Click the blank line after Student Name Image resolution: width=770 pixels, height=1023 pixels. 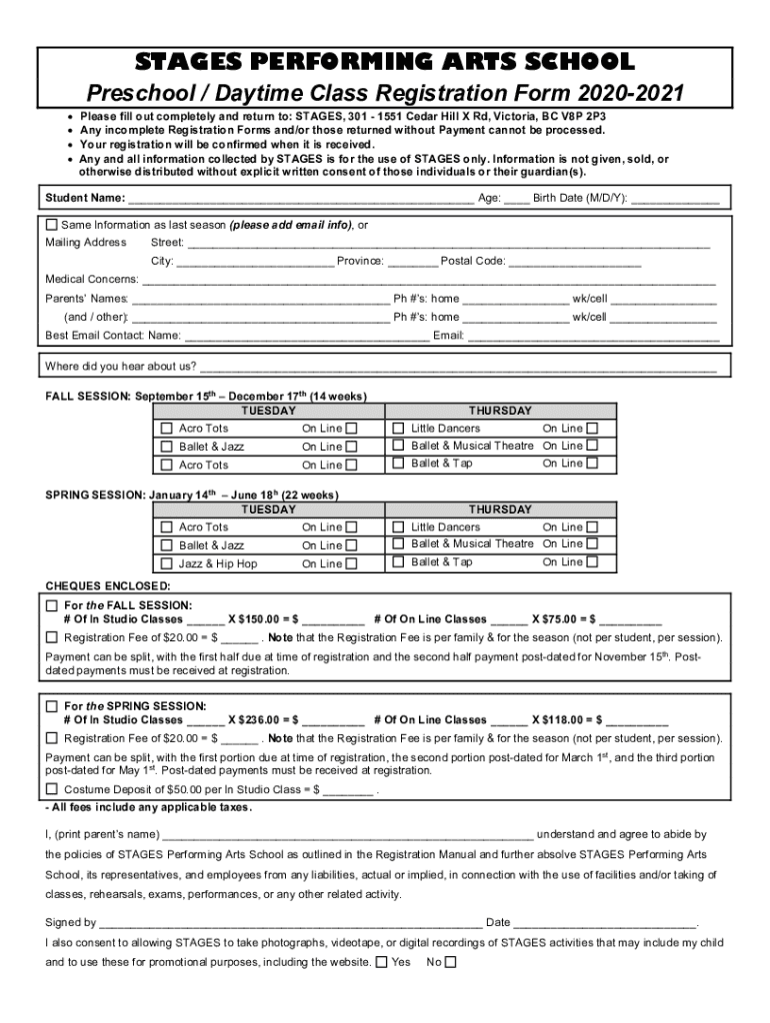[300, 199]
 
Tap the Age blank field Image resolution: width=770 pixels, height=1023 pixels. [517, 199]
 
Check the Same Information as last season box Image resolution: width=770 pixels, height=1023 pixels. [53, 225]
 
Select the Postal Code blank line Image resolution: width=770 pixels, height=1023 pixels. [574, 263]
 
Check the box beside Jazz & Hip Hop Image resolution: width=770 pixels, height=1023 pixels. [167, 563]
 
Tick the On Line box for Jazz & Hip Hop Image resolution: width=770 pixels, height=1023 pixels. [351, 563]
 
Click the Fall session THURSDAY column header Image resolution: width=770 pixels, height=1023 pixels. [501, 411]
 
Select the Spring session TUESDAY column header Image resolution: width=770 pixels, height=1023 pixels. [269, 510]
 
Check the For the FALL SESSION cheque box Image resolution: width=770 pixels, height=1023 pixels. [53, 605]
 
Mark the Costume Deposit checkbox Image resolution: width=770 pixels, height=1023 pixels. [53, 789]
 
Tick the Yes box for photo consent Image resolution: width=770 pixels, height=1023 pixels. [381, 963]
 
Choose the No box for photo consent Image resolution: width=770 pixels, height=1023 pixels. [450, 963]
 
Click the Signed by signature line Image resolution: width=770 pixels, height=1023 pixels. [290, 923]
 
